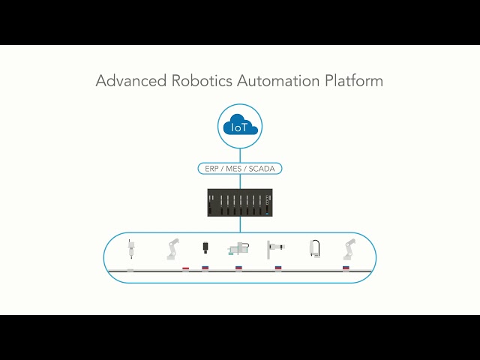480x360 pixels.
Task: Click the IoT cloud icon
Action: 240,126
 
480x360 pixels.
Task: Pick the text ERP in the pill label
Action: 213,169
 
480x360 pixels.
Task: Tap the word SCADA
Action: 262,169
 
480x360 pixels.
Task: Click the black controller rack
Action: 240,203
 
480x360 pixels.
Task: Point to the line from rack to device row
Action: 240,225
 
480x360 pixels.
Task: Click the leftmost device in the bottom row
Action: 130,249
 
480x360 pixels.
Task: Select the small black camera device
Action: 205,247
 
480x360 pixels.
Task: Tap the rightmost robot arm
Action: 349,248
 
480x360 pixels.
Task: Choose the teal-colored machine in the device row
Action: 238,250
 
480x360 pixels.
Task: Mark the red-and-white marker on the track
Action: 186,268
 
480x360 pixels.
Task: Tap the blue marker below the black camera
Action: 205,268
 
